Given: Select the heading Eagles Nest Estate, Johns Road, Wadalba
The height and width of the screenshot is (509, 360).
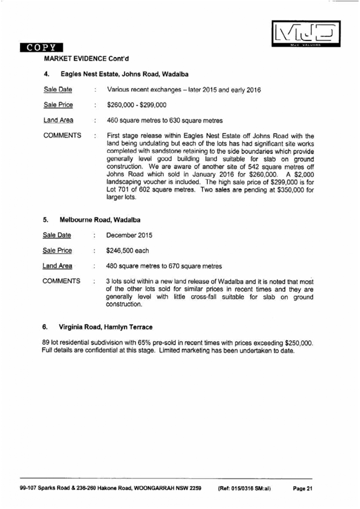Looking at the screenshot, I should coord(124,74).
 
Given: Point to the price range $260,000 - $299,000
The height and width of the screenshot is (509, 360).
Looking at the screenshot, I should coord(136,105).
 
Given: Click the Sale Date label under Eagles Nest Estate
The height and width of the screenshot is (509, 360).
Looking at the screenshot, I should coord(57,90).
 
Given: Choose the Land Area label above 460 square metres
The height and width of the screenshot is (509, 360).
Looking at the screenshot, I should coord(58,120).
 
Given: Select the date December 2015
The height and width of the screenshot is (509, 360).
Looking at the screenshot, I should coord(130,235).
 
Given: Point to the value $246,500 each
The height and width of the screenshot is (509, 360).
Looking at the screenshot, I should coord(127,250).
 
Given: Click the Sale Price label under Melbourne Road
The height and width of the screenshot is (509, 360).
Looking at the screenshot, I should coord(57,250).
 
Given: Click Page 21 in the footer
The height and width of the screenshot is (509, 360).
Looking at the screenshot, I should coord(302,489).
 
